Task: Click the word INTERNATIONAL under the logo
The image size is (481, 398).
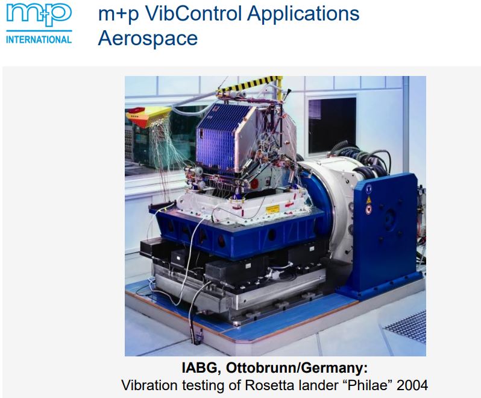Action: coord(39,40)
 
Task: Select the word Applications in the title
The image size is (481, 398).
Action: coord(303,14)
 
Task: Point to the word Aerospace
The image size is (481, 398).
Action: coord(148,39)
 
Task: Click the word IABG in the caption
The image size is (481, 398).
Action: coord(200,368)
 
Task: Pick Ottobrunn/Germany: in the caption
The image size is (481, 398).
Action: coord(297,368)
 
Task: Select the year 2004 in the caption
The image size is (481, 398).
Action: coord(412,385)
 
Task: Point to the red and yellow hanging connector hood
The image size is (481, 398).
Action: coord(148,116)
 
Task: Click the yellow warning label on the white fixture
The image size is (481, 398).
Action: coord(272,209)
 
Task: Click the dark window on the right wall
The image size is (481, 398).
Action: coord(332,125)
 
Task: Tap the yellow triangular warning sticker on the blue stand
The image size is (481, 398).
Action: coord(368,200)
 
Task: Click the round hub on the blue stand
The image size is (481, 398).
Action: coord(389,218)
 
